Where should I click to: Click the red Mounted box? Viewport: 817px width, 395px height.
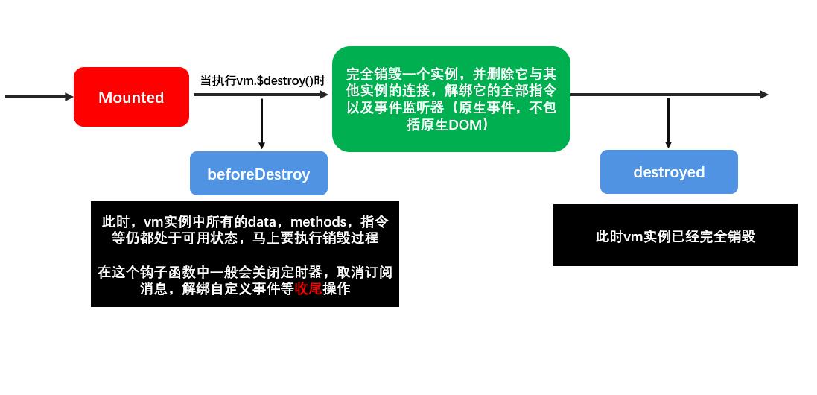131,97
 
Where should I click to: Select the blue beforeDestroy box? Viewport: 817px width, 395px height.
258,174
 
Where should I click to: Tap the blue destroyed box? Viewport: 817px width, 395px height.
669,172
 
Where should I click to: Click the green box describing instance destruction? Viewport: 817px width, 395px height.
451,99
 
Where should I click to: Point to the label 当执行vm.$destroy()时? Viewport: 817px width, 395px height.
262,80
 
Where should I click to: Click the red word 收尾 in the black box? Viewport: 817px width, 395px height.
308,289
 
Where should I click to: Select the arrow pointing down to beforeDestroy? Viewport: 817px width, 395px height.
261,123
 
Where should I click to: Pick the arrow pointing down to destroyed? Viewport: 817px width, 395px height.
668,123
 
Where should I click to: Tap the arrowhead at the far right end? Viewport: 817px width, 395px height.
764,95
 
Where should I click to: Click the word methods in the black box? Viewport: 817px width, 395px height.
319,222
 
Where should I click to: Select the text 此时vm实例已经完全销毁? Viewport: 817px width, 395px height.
675,236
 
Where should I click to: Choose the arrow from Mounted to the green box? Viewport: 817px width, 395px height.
261,95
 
